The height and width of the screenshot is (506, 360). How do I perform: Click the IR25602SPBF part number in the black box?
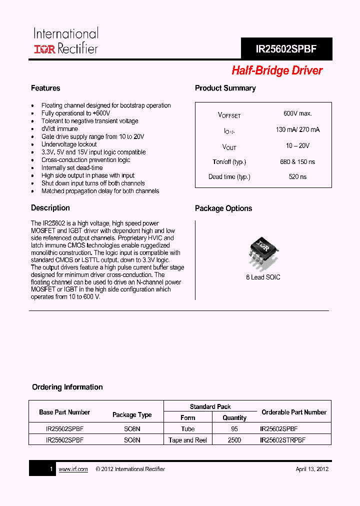(x=286, y=49)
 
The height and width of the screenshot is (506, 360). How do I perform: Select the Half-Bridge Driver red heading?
(x=277, y=71)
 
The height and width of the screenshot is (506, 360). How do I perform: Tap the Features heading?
(x=45, y=88)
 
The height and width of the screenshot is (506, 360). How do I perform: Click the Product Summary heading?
(x=225, y=88)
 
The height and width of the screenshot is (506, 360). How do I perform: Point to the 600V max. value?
(x=297, y=114)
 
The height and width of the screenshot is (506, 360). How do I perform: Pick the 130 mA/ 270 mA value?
(x=297, y=129)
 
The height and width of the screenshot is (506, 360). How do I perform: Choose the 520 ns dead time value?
(x=297, y=177)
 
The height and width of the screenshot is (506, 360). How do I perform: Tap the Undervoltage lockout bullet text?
(x=69, y=144)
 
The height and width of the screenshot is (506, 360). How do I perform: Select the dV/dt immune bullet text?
(x=59, y=129)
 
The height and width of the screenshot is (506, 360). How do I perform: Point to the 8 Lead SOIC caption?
(x=263, y=277)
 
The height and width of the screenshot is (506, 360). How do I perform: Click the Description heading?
(x=50, y=208)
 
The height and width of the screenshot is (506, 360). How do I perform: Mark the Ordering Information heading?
(x=67, y=387)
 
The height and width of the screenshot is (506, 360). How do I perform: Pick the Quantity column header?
(x=234, y=418)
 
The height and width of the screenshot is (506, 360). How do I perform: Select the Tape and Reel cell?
(x=188, y=440)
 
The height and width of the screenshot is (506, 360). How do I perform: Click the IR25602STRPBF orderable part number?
(x=282, y=440)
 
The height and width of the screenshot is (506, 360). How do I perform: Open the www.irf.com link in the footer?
(x=73, y=469)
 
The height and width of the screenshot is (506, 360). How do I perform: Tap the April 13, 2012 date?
(x=312, y=469)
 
